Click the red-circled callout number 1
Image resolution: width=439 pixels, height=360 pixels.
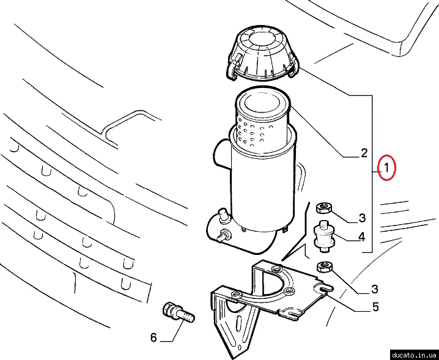point(386,167)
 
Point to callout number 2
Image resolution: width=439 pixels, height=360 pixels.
point(364,153)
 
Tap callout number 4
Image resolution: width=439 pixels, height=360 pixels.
point(362,237)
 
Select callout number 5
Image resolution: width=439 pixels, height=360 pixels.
point(375,307)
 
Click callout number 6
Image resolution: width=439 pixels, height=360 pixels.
point(153,337)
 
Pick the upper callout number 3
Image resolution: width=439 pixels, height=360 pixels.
point(362,218)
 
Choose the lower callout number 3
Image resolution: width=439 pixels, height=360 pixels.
point(375,289)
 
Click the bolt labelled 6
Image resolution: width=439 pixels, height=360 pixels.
point(178,312)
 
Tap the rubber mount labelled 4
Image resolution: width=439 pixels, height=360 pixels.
point(323,236)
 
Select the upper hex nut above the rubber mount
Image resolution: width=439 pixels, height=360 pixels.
point(324,208)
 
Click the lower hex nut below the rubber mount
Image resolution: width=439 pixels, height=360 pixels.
point(325,266)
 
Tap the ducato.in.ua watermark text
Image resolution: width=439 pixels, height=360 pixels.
point(414,355)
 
